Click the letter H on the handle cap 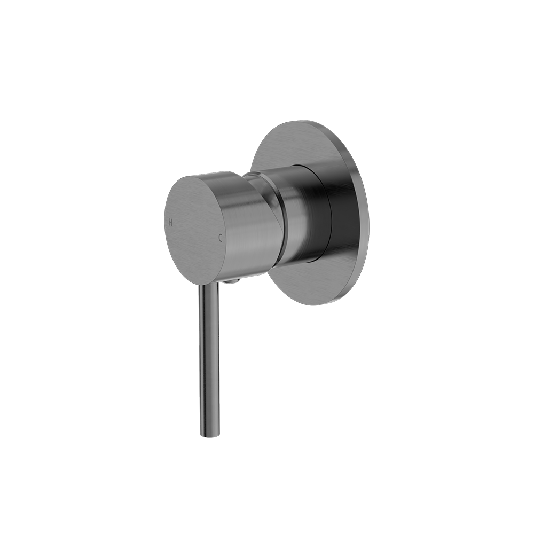tap(170, 222)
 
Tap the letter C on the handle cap tap(220, 237)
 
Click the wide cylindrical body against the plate tap(304, 214)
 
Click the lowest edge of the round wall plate tap(315, 305)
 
